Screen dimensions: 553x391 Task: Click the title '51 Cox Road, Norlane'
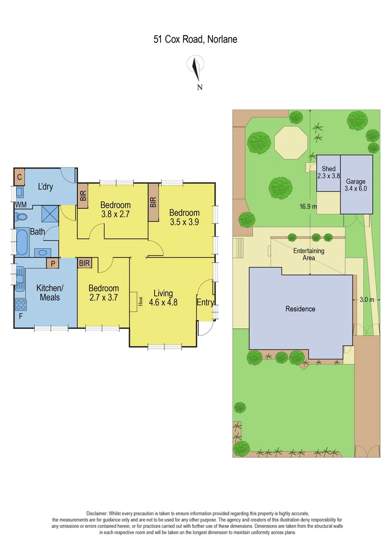[195, 39]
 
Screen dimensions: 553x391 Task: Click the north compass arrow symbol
[195, 69]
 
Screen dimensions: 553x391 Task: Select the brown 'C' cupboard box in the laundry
[19, 177]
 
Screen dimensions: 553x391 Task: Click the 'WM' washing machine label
[20, 205]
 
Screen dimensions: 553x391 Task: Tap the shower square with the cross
[50, 212]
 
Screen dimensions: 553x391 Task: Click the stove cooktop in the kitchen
[21, 305]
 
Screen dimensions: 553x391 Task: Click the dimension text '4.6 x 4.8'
[163, 303]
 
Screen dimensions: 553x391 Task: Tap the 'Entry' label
[205, 303]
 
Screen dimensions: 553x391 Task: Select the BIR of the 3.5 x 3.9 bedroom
[153, 202]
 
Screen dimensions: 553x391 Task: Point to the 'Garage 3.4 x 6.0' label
[356, 185]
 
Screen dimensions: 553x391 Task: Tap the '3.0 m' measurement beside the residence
[367, 300]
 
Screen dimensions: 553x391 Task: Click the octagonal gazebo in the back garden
[290, 143]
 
